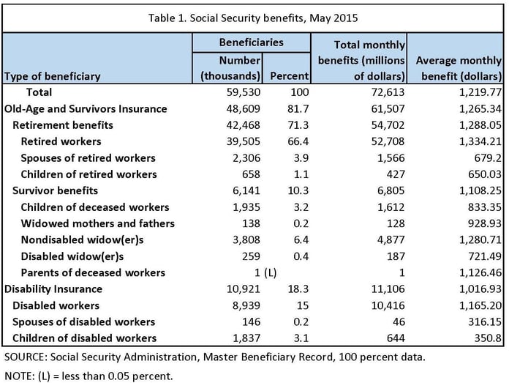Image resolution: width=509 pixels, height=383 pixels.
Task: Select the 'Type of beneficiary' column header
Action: click(x=52, y=75)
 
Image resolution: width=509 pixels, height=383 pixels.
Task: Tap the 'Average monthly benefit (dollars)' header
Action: click(x=458, y=67)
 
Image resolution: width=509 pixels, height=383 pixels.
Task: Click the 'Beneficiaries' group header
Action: click(x=252, y=42)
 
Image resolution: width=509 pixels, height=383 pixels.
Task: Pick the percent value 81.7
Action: click(x=297, y=108)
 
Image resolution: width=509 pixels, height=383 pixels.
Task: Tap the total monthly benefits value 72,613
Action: click(x=386, y=92)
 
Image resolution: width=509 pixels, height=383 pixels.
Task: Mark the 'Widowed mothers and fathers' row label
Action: click(x=97, y=223)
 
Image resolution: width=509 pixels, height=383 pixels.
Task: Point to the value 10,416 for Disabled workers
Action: click(x=386, y=305)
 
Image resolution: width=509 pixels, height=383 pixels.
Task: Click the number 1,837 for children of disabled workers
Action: click(x=246, y=338)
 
